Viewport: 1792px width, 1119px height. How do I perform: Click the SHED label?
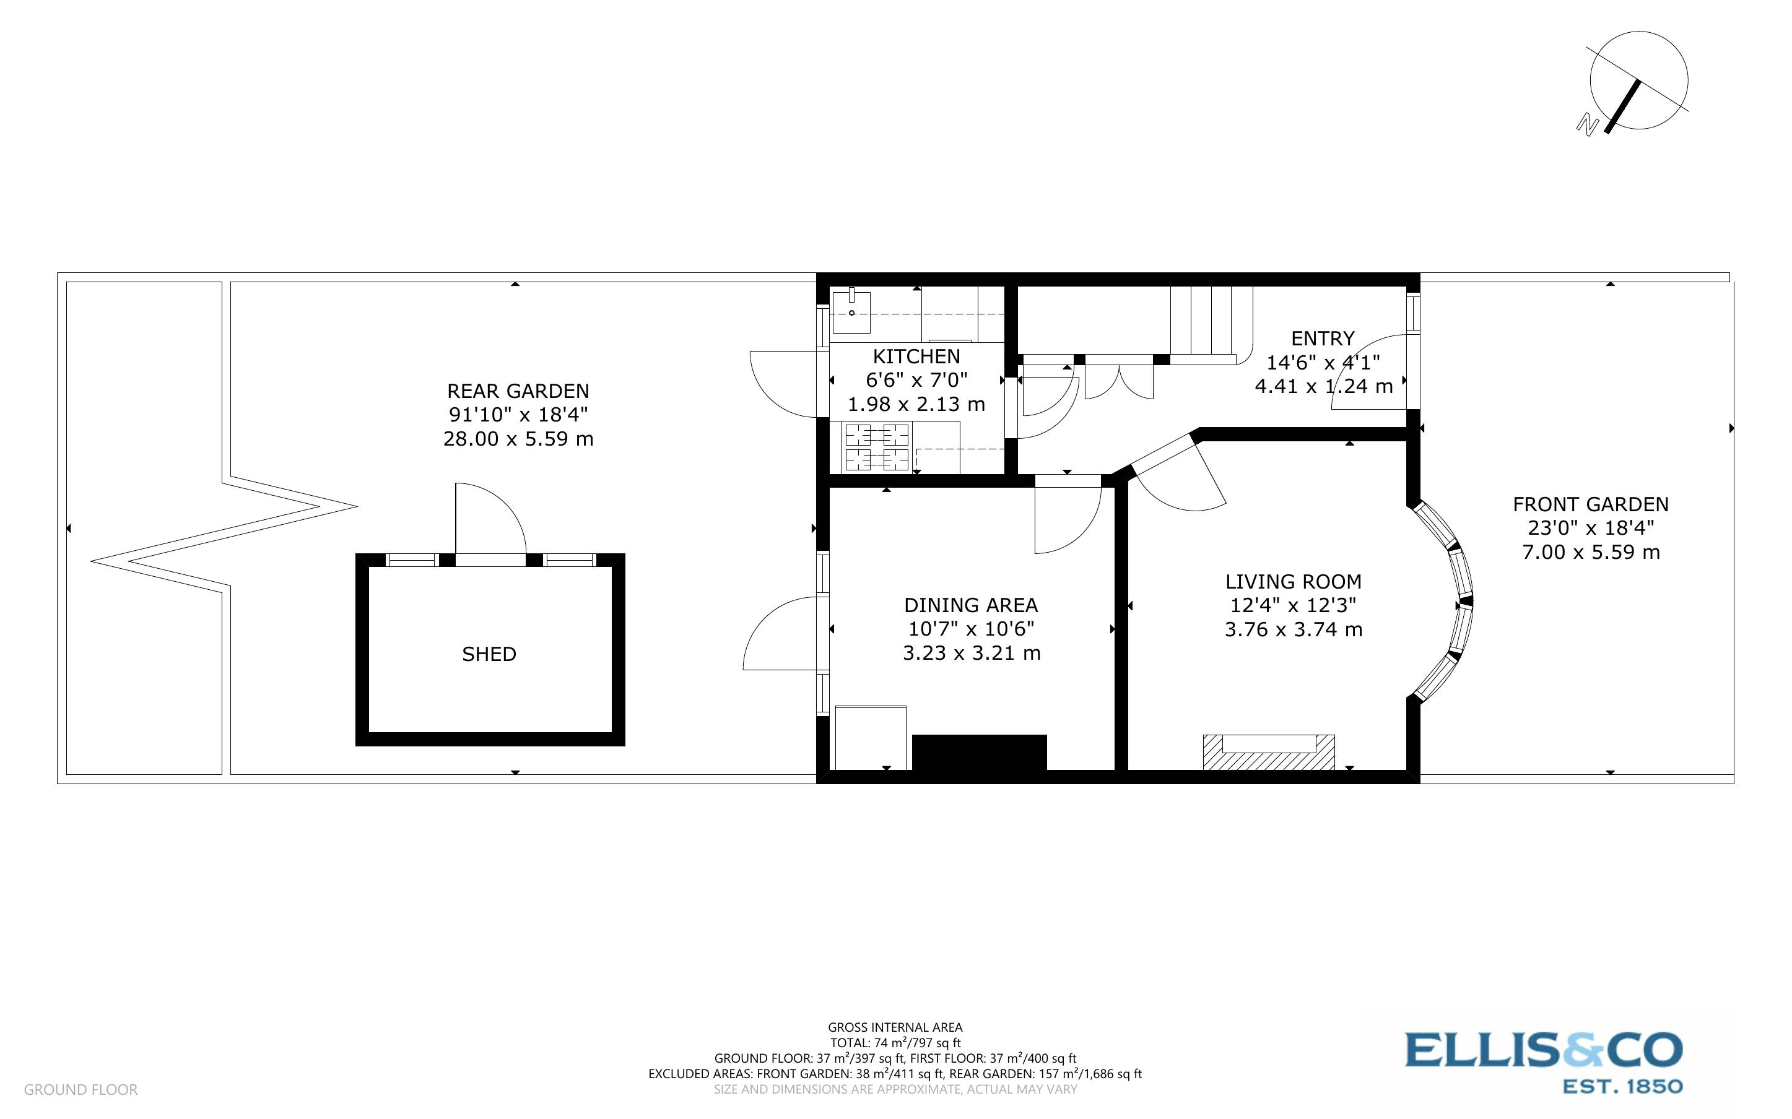pyautogui.click(x=489, y=654)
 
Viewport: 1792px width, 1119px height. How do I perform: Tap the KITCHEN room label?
pyautogui.click(x=916, y=356)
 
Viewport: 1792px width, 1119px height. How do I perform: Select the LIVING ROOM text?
pyautogui.click(x=1293, y=582)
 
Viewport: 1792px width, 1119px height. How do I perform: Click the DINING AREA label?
pyautogui.click(x=970, y=605)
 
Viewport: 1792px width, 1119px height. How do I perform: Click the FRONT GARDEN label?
pyautogui.click(x=1590, y=505)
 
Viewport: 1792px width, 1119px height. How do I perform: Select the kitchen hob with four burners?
pyautogui.click(x=877, y=447)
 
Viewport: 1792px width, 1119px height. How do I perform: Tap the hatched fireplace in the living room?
pyautogui.click(x=1268, y=753)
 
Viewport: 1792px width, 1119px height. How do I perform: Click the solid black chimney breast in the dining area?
pyautogui.click(x=978, y=753)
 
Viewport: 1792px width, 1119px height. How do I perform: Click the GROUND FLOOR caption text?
pyautogui.click(x=80, y=1089)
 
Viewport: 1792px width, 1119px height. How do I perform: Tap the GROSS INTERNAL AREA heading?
pyautogui.click(x=894, y=1027)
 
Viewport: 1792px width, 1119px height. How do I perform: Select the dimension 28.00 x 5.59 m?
pyautogui.click(x=518, y=439)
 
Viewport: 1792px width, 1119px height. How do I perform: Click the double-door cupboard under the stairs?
pyautogui.click(x=1118, y=378)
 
